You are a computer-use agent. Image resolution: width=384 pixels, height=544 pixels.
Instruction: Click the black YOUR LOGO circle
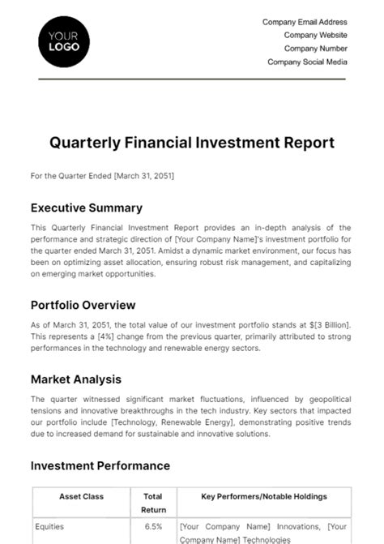pos(64,41)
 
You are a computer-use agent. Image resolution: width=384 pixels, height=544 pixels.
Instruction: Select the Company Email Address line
pos(305,23)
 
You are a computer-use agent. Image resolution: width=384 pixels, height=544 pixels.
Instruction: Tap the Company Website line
pos(315,36)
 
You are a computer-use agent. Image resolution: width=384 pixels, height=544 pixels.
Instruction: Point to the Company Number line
pos(315,49)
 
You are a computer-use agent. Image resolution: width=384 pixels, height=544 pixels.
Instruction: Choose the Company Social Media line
pos(307,62)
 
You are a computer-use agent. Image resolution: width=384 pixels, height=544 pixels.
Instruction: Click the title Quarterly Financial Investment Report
pos(192,143)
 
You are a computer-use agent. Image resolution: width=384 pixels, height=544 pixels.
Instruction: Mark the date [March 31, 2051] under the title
pos(144,175)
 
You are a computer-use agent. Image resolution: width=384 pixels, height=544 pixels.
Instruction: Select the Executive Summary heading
pos(86,208)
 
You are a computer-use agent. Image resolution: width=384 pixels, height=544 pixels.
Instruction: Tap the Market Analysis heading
pos(76,379)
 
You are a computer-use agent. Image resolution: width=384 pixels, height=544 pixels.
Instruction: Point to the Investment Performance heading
pos(100,466)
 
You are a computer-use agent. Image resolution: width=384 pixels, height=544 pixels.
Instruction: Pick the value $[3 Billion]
pos(325,324)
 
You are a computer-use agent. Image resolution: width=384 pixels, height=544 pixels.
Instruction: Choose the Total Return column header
pos(153,502)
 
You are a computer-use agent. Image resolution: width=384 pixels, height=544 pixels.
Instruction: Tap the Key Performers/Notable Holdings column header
pos(264,495)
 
